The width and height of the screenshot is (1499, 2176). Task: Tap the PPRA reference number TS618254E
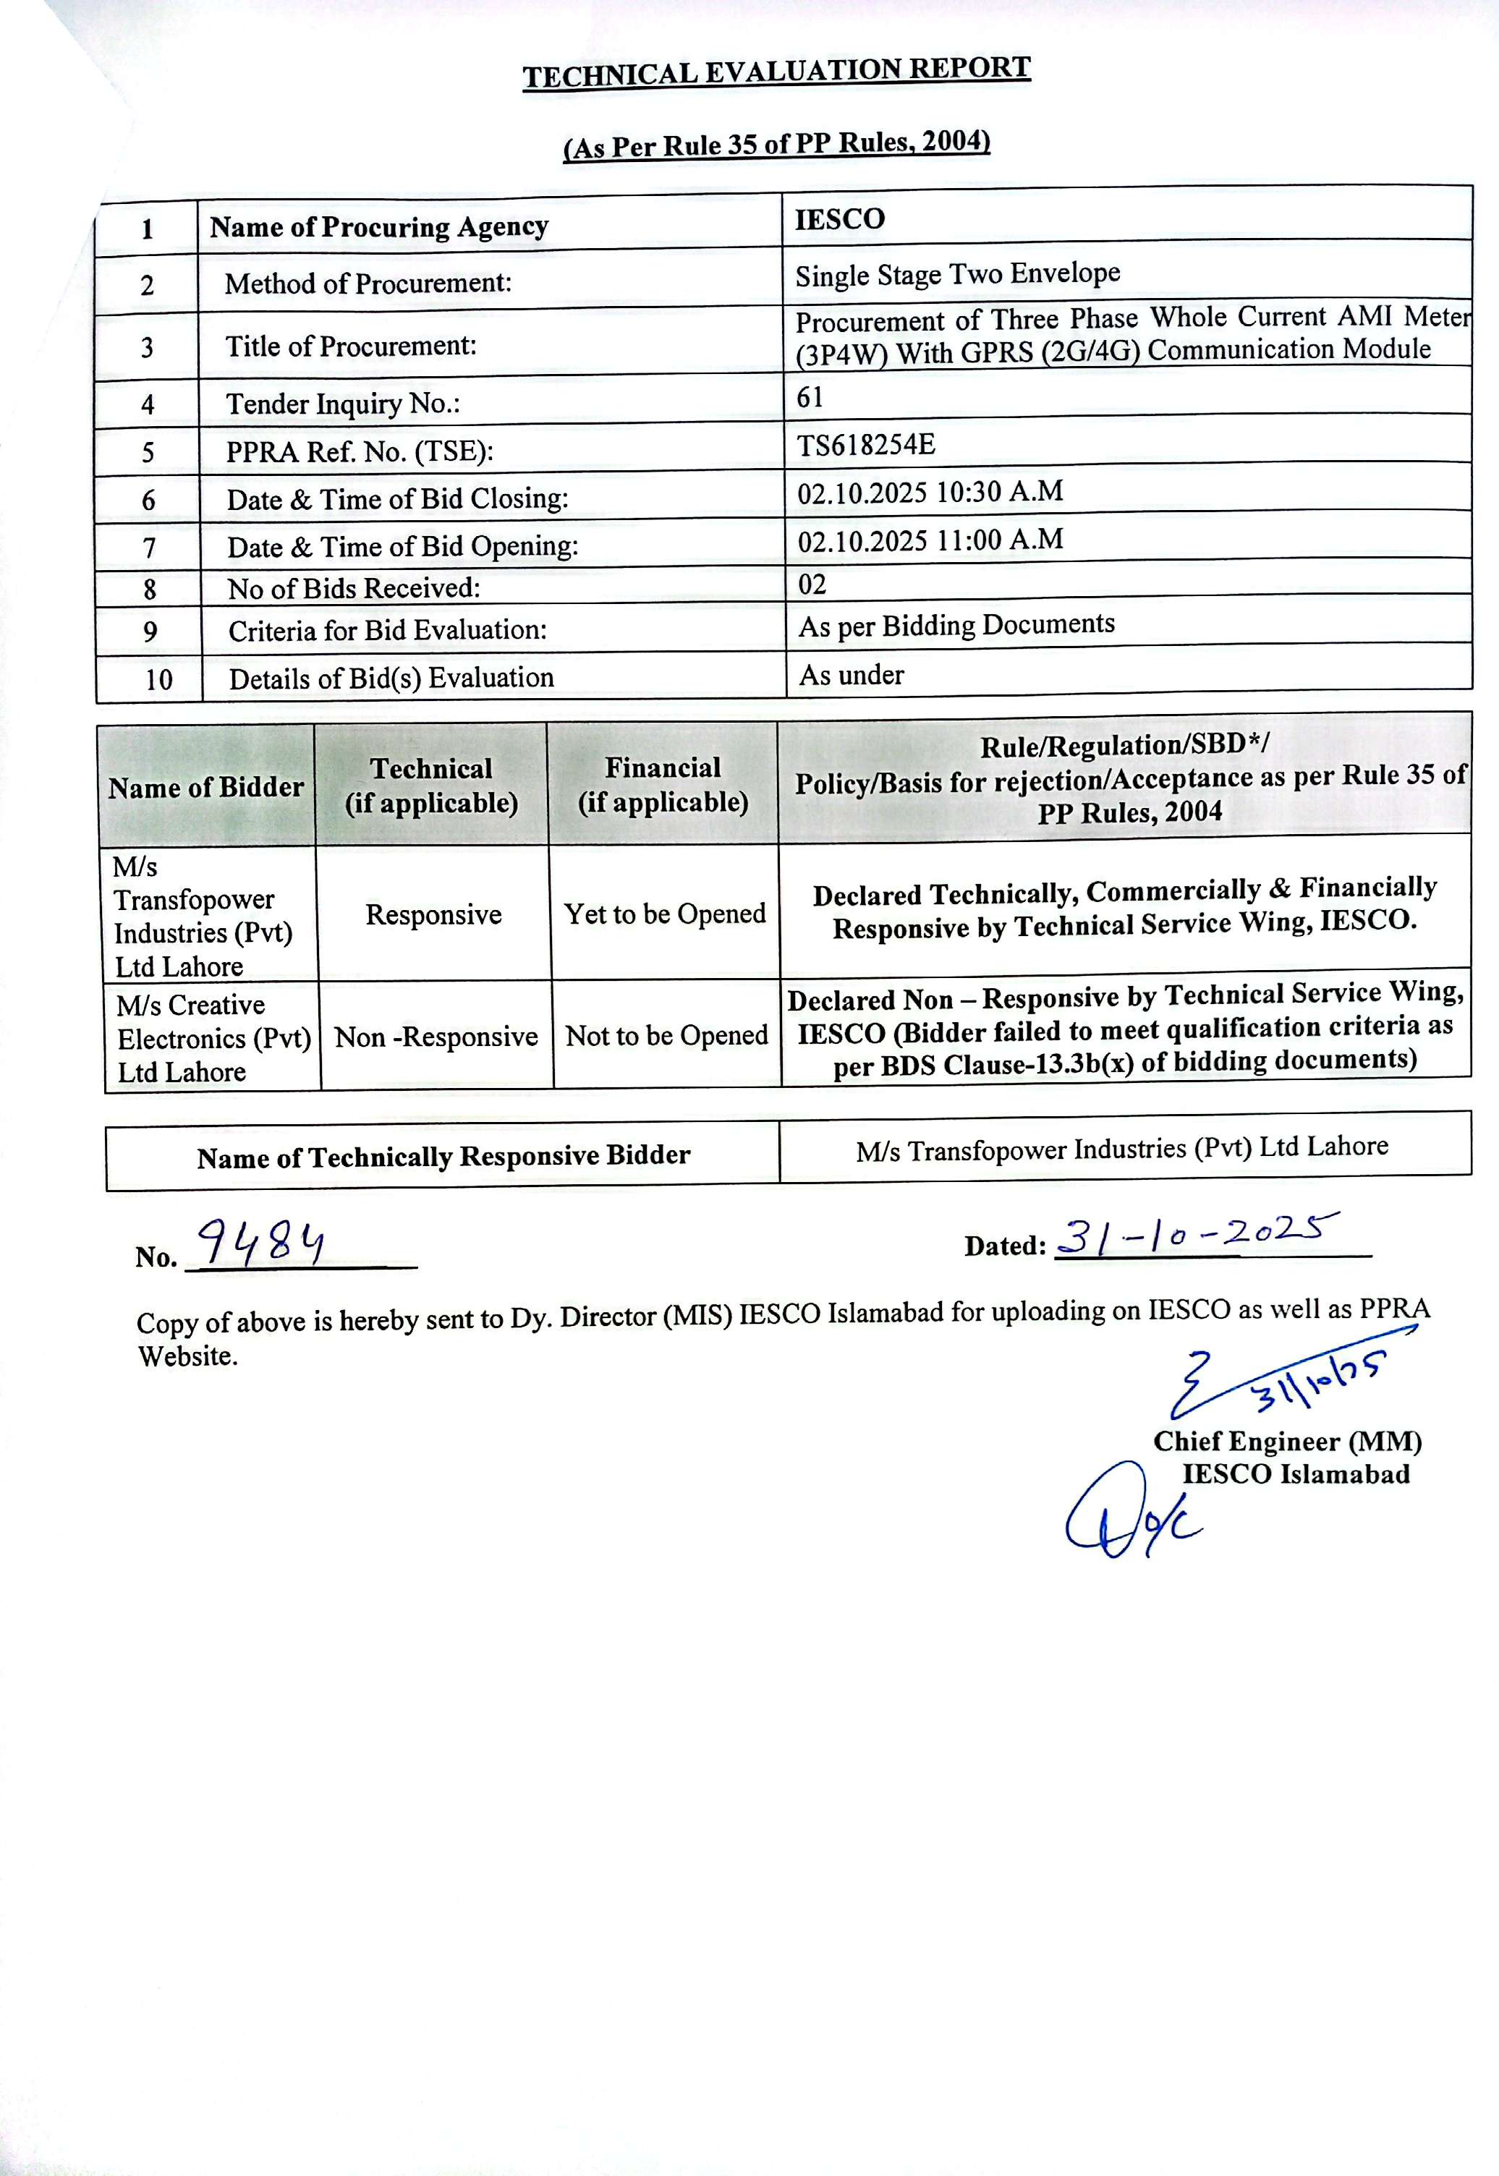(x=866, y=444)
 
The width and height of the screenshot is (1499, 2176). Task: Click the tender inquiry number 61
(x=810, y=397)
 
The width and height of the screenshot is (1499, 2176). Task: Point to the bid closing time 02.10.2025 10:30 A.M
(x=930, y=492)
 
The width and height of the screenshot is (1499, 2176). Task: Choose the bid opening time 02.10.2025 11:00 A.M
(x=930, y=540)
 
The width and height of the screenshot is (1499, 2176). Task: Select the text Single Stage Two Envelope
(x=957, y=274)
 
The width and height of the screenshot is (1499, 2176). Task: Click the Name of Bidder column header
(x=205, y=787)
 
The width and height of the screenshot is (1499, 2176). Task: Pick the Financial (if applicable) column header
(x=663, y=784)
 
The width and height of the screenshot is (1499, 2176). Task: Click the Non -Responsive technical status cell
(x=436, y=1037)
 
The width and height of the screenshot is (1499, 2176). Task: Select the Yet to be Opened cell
(x=665, y=914)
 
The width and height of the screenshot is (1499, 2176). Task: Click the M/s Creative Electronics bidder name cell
(x=212, y=1038)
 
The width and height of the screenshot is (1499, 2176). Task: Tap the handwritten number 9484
(x=263, y=1244)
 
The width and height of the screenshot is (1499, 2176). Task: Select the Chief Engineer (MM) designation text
(x=1287, y=1442)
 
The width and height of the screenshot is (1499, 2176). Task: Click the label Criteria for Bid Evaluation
(x=387, y=630)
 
